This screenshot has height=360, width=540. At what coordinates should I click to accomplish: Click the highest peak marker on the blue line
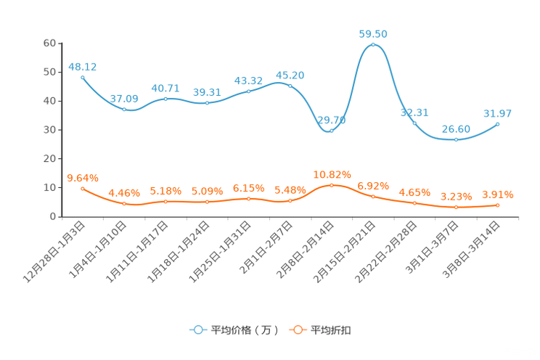(373, 45)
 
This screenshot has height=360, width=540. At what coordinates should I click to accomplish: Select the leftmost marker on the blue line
(83, 77)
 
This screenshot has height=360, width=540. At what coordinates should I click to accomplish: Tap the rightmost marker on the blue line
(497, 124)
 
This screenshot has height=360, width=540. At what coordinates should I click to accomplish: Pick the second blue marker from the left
(124, 110)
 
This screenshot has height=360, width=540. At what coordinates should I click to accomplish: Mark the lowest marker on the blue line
(456, 139)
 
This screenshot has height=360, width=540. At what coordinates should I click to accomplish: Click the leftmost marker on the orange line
(83, 189)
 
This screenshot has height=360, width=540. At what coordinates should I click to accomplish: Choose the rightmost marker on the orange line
(497, 205)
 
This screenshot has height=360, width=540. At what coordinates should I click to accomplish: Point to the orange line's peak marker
(332, 185)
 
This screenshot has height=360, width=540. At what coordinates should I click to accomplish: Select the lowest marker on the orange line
(456, 208)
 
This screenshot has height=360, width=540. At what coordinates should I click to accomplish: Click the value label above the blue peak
(373, 33)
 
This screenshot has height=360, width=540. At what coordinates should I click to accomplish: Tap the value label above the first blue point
(82, 66)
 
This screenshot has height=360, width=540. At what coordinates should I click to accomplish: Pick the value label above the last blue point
(498, 113)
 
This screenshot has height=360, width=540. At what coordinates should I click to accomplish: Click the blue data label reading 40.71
(165, 88)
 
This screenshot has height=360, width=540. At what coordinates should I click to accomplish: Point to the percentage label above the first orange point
(82, 177)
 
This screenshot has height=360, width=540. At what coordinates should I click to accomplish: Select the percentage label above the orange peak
(332, 173)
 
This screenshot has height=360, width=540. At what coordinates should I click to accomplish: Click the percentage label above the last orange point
(498, 195)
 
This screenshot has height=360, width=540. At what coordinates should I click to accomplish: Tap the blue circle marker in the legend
(198, 330)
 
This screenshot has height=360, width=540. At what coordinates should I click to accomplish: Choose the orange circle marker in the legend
(298, 330)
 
